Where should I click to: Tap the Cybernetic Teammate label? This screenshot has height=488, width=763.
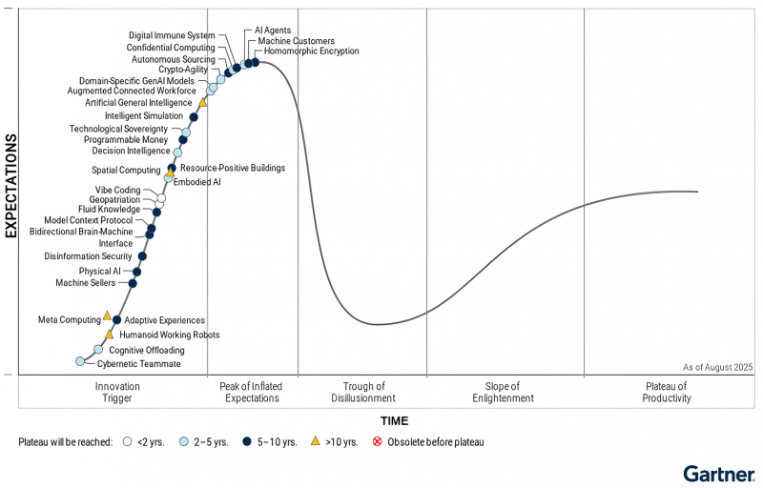(140, 364)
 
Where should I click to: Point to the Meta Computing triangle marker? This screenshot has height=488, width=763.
(107, 315)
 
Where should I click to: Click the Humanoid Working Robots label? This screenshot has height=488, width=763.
(170, 335)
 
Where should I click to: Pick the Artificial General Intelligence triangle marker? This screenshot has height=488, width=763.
(202, 102)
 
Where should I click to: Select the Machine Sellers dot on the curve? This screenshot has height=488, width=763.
(133, 283)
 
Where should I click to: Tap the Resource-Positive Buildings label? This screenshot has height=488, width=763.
(233, 169)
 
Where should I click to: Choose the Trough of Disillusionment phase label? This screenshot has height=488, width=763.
(361, 392)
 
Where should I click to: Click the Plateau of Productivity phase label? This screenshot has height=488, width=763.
(666, 392)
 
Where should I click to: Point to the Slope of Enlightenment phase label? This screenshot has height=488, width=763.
(503, 392)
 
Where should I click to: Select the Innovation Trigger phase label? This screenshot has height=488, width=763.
(117, 392)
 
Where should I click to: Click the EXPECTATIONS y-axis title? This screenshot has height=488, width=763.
(11, 185)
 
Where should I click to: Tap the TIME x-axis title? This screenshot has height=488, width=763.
(395, 420)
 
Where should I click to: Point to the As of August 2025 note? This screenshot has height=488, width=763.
(717, 367)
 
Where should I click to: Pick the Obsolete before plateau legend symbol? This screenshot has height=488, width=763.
(377, 442)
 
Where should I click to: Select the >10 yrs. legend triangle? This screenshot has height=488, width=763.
(315, 442)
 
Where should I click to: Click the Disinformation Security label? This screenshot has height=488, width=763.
(88, 256)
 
